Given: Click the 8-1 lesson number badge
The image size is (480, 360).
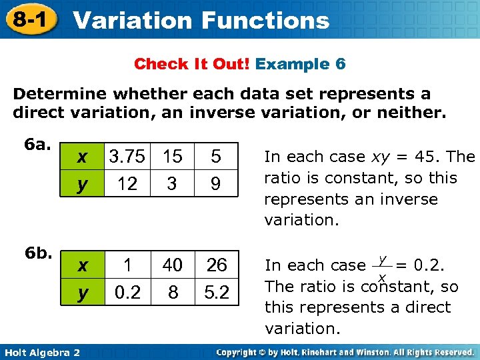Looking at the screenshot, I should tap(29, 20).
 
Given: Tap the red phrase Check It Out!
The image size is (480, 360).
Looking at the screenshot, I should tap(192, 64).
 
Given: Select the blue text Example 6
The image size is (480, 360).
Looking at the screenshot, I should tap(300, 64).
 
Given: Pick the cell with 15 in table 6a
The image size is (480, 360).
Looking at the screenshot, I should tap(172, 157).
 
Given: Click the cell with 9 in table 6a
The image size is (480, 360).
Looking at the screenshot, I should tap(215, 183).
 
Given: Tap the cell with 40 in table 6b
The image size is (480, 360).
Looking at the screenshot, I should tap(172, 265).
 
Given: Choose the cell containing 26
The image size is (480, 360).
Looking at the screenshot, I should tap(216, 265).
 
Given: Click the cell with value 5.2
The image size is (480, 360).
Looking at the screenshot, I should tap(216, 292).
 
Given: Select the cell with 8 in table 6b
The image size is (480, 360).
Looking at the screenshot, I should tap(172, 292).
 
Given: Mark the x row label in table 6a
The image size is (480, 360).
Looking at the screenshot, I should tap(81, 157).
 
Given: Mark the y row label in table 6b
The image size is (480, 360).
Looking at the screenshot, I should tap(81, 292).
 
